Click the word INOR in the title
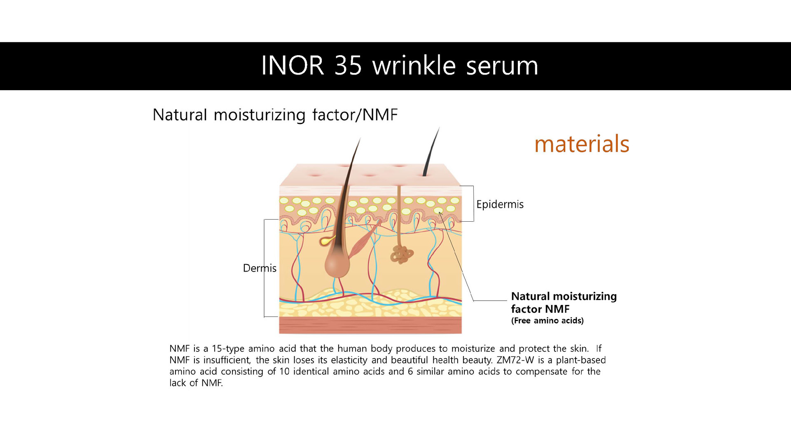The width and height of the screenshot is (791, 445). coord(293,66)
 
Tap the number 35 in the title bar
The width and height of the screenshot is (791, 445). coord(348,66)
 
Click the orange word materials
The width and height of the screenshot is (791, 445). coord(582,144)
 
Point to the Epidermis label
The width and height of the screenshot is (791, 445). coord(500,204)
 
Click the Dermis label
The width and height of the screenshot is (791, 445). coord(260,268)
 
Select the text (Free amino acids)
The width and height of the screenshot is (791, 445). coord(547,321)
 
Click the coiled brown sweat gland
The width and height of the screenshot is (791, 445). coord(402,255)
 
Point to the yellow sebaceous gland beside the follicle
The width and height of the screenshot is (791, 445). coord(328,241)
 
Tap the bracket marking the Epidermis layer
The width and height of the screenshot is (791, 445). coord(472,204)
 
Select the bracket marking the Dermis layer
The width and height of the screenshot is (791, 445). coord(265,268)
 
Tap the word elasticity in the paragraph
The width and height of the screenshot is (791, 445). coord(349,360)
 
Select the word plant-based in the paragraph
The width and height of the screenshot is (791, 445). coord(581,360)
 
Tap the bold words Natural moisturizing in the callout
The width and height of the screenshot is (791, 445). coord(564,296)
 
